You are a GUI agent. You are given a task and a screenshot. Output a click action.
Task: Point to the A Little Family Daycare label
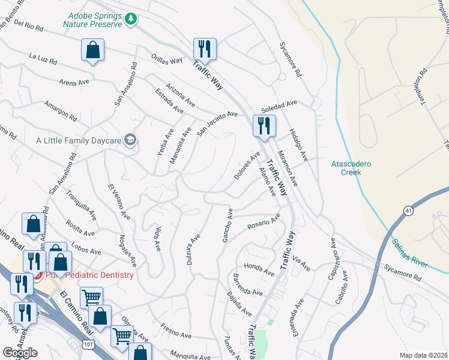(78, 140)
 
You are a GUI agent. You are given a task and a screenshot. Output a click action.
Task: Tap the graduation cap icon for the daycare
(130, 140)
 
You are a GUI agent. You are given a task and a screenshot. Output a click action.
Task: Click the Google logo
(20, 353)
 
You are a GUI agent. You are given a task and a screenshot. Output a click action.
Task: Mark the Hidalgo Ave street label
(298, 145)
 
